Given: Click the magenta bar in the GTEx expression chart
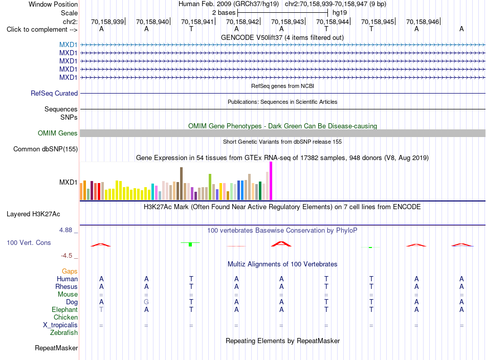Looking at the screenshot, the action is point(271,181).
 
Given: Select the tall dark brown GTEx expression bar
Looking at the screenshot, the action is point(181,184).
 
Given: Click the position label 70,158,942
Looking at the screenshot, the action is point(242,21).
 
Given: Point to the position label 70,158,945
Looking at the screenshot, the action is point(378,21).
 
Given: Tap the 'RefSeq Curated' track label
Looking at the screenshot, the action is point(54,93).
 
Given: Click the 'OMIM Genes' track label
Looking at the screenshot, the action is point(58,133).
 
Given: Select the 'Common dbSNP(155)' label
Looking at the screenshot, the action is point(46,149).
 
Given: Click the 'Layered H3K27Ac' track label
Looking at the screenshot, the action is point(33,214).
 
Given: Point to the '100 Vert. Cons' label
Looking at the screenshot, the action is point(29,242).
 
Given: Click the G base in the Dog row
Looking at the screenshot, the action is point(146,302).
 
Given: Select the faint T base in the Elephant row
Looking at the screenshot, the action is point(101,309).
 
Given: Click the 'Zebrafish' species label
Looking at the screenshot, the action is point(64,332).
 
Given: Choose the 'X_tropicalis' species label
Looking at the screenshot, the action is point(60,325).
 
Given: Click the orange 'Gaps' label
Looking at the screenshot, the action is point(70,272).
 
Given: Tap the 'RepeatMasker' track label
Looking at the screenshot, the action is point(56,348).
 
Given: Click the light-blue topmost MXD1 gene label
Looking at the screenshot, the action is point(68,44).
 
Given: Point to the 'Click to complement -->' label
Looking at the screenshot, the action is point(42,30).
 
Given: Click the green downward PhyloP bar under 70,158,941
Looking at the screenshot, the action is point(190,244).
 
